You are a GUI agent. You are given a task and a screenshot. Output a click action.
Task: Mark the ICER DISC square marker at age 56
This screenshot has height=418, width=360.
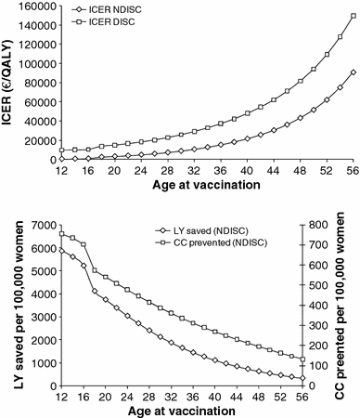coord(353,17)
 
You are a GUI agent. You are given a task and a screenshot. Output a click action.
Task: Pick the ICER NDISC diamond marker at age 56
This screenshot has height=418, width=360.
coord(353,72)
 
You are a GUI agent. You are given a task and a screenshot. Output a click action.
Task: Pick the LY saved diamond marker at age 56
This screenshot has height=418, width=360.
coord(353,378)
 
